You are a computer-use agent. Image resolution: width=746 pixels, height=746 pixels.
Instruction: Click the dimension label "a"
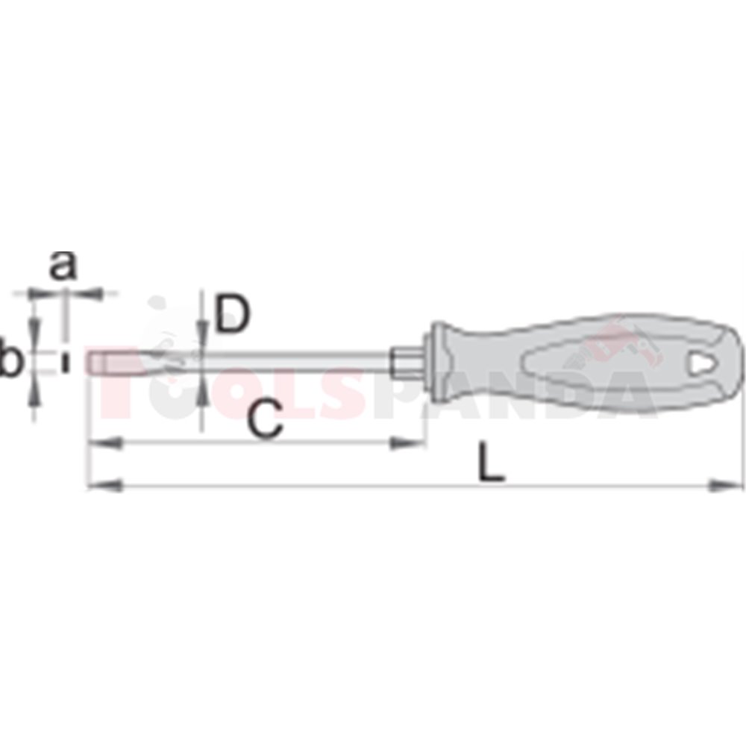coord(63,266)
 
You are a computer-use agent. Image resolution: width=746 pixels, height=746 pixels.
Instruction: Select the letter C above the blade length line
coord(265,419)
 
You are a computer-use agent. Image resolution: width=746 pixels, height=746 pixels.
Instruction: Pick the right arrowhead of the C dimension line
coord(407,444)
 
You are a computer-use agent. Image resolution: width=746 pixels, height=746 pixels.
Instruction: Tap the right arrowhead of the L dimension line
coord(725,486)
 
